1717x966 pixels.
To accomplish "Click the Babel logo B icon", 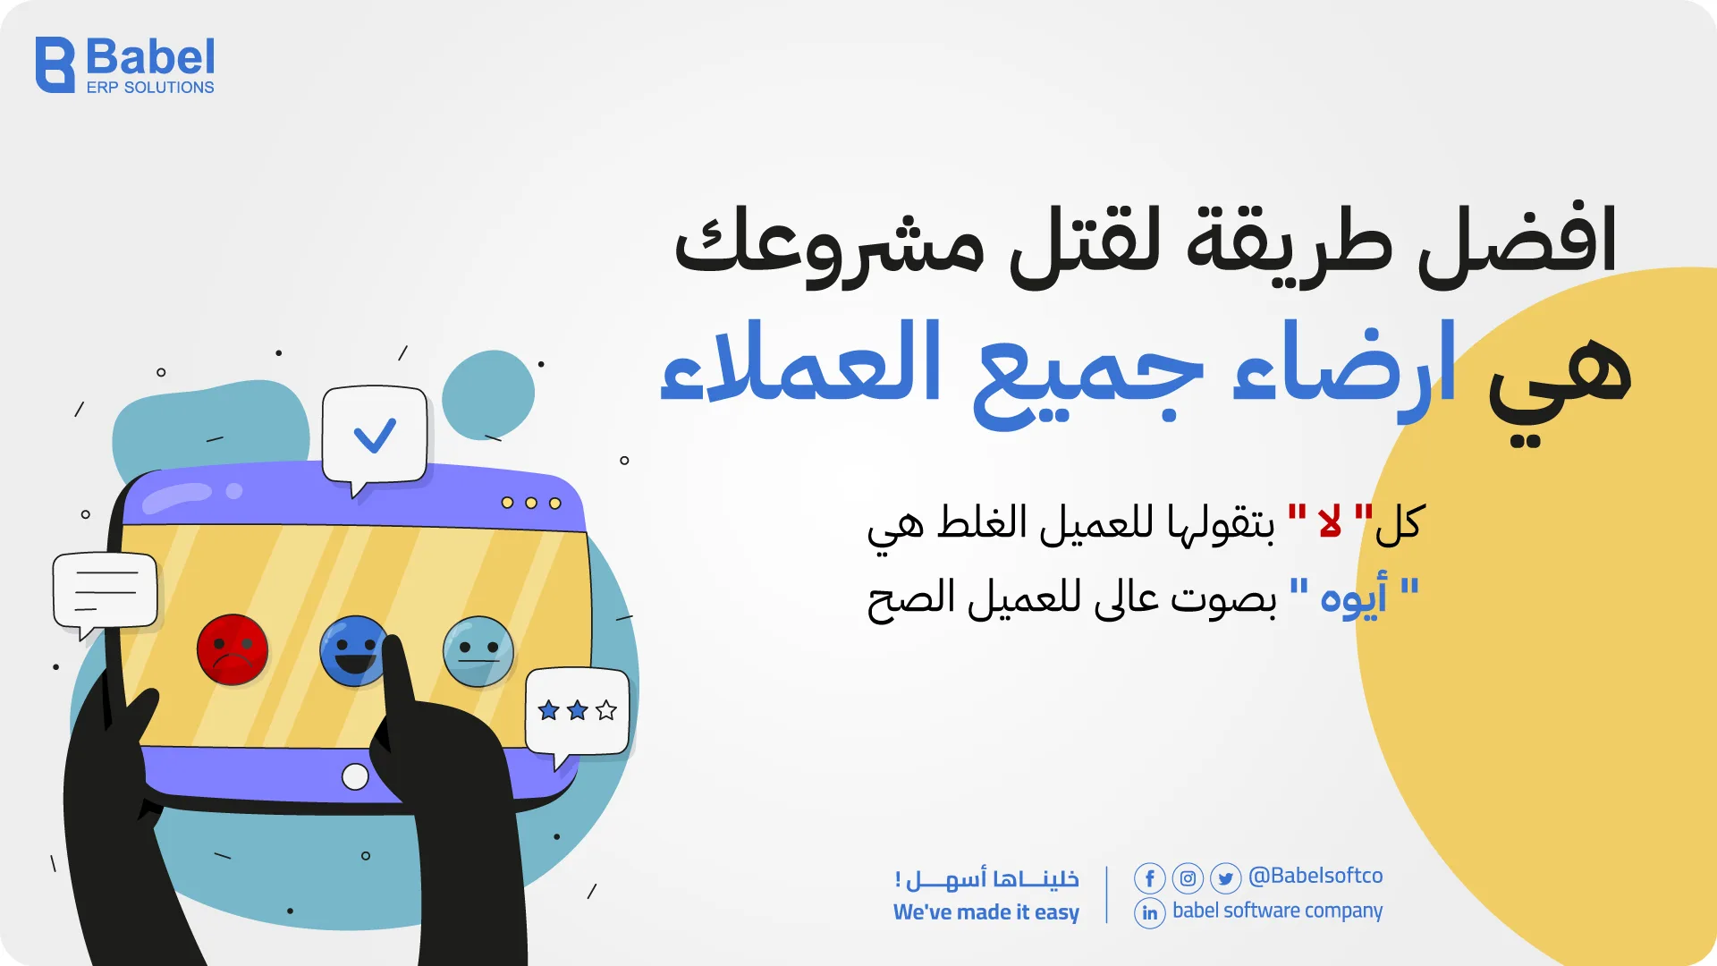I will [x=55, y=65].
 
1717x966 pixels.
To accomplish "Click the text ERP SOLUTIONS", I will [x=150, y=88].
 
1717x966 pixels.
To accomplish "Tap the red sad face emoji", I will [x=233, y=650].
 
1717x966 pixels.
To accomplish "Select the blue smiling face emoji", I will [x=353, y=650].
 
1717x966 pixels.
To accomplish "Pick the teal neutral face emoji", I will [x=478, y=651].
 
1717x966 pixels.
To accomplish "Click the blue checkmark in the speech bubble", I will [x=375, y=436].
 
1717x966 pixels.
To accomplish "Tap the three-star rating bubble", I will [x=577, y=711].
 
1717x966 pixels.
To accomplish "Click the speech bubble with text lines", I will [x=106, y=591].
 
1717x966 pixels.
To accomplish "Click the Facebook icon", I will [x=1149, y=878].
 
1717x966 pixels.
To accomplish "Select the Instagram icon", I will [x=1188, y=878].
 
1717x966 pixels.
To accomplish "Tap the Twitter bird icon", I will [x=1225, y=878].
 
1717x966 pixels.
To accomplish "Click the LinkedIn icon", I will [x=1149, y=913].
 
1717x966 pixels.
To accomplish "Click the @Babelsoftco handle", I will [x=1315, y=876].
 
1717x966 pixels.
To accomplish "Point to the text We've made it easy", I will [x=985, y=912].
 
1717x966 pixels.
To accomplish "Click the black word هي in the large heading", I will [x=1561, y=380].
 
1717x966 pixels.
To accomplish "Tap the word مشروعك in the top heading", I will [x=828, y=246].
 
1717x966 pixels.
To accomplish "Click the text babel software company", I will [x=1277, y=911].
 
